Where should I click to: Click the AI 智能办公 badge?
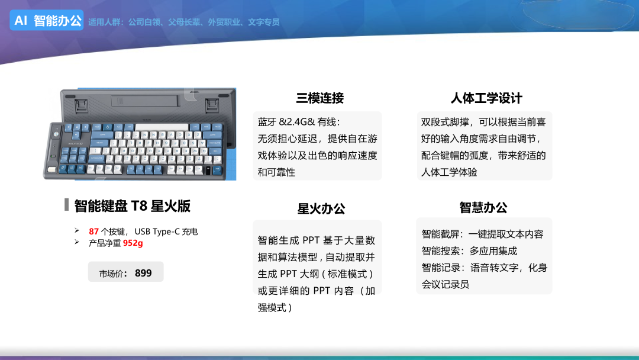[47, 20]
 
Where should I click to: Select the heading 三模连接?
[320, 98]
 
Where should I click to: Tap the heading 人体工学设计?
[486, 98]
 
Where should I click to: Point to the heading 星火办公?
[321, 209]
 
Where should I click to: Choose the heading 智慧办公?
[483, 207]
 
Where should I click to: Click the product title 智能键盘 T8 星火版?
[133, 206]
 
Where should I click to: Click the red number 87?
[93, 232]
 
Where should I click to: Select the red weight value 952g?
[133, 243]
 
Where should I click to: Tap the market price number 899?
[143, 273]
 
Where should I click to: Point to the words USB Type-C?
[157, 232]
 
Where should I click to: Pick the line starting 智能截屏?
[483, 234]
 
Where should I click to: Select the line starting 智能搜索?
[469, 250]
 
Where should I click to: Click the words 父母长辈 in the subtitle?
[184, 22]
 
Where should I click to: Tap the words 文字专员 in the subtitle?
[264, 22]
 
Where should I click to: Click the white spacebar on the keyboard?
[162, 128]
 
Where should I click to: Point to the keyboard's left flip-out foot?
[82, 105]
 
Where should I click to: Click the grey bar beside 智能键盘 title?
[66, 205]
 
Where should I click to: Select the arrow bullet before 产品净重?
[77, 242]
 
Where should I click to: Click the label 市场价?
[111, 274]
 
